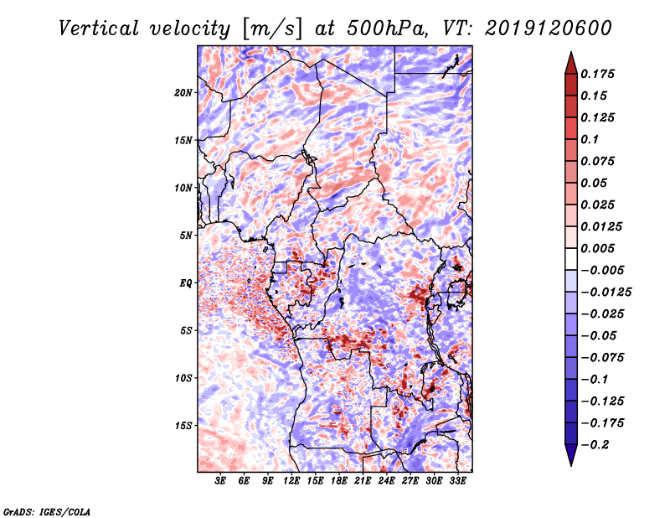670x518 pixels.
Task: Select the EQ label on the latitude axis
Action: click(186, 283)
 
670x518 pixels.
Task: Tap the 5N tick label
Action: click(186, 236)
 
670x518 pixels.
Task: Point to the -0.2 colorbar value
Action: click(600, 444)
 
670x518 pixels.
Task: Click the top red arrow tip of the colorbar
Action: click(570, 54)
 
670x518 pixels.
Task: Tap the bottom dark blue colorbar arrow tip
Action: click(570, 463)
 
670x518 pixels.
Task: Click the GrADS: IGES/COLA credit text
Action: click(47, 510)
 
